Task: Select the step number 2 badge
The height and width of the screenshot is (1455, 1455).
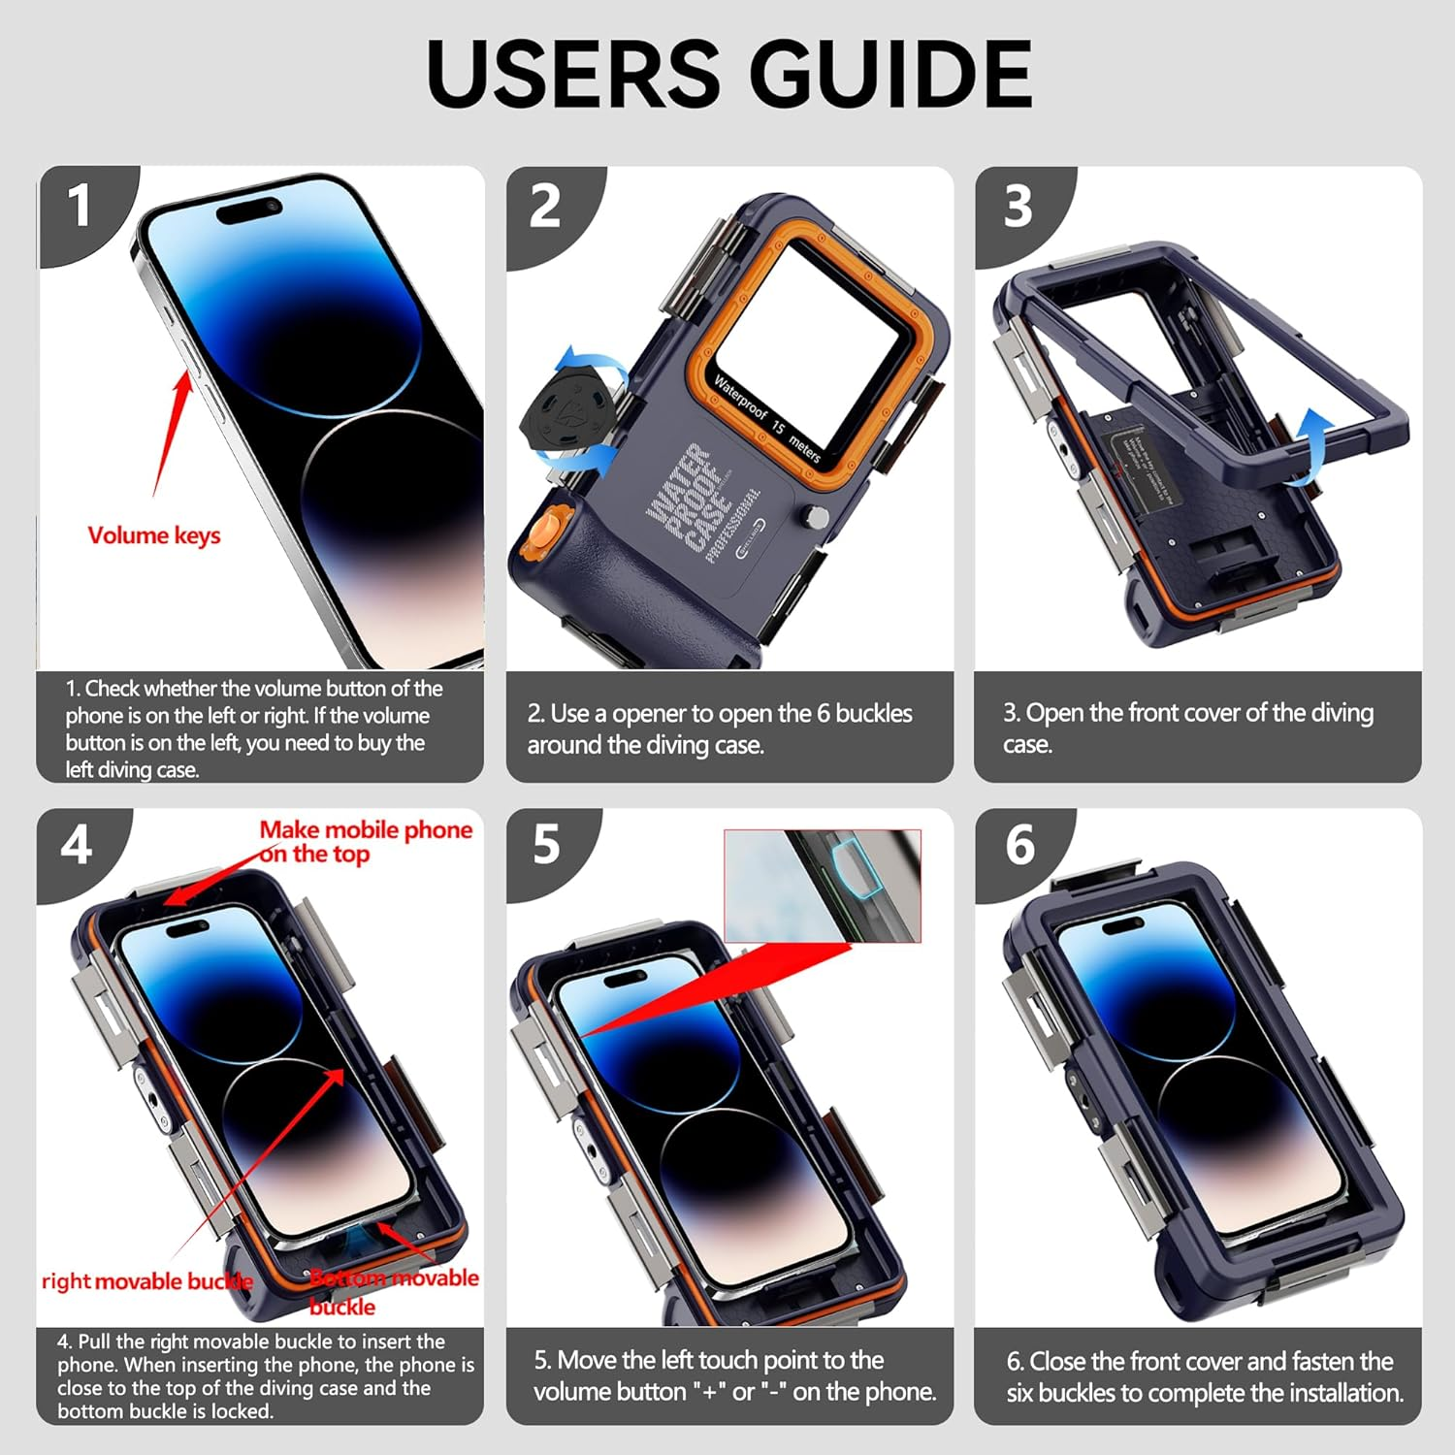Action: coord(545,207)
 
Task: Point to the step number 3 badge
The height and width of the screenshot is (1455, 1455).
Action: coord(1017,207)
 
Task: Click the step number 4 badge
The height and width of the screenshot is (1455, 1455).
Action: coord(77,846)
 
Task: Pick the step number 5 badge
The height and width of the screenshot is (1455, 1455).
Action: coord(546,845)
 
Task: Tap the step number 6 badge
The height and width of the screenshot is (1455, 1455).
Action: coord(1019,845)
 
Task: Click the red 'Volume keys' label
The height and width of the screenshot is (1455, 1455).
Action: coord(154,535)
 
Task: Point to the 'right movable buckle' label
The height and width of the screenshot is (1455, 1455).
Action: coord(145,1281)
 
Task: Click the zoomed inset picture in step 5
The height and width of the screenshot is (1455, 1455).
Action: coord(823,885)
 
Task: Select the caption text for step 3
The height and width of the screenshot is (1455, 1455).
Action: coord(1187,727)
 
